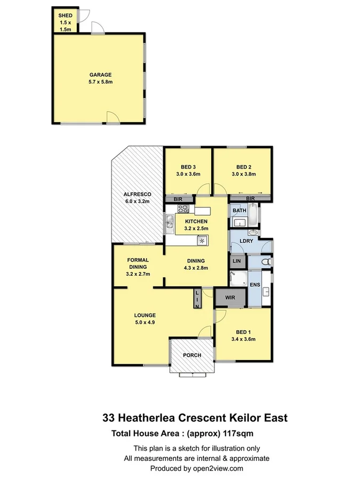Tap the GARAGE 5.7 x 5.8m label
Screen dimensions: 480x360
(100, 78)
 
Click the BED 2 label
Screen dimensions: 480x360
(243, 170)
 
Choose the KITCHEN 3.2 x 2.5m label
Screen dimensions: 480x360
(196, 225)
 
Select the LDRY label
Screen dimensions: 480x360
(246, 241)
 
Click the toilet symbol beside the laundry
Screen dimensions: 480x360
(267, 262)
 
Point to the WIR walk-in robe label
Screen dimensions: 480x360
(230, 297)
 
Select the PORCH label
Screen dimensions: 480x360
(191, 355)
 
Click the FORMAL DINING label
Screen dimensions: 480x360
(138, 267)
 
